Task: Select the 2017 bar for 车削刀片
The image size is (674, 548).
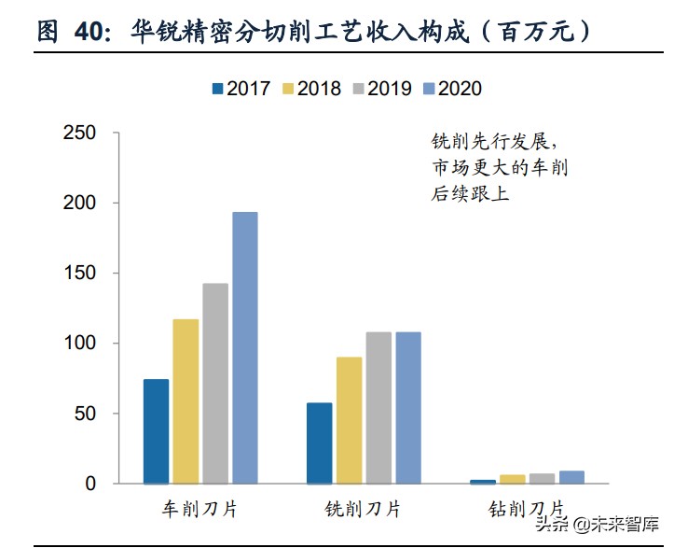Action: pos(156,431)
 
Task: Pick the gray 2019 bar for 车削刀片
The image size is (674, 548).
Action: pos(215,383)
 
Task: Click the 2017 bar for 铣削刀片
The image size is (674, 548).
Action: pos(320,443)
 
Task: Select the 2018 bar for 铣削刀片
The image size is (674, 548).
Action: pos(350,420)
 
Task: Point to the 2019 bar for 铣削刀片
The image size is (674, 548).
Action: pos(378,408)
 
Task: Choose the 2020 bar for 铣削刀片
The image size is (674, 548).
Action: pos(408,408)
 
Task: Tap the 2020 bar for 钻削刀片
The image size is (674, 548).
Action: pos(571,477)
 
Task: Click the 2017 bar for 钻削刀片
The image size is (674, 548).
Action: pos(483,482)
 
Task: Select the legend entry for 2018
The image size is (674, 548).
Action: pos(311,89)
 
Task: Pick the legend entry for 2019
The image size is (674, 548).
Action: pos(382,89)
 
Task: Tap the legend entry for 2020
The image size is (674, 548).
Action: pos(451,89)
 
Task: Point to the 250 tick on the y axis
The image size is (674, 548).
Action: pos(78,133)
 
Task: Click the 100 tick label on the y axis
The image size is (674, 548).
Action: pos(78,344)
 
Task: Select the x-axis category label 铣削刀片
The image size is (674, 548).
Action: pos(364,510)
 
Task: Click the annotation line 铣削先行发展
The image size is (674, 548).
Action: pos(494,143)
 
